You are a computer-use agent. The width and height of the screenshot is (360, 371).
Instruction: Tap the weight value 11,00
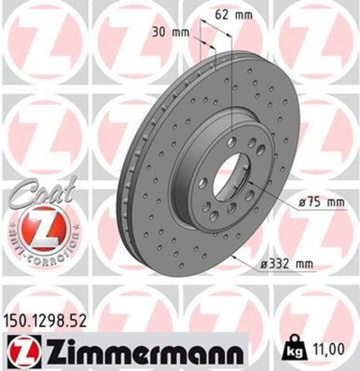[337, 342]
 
